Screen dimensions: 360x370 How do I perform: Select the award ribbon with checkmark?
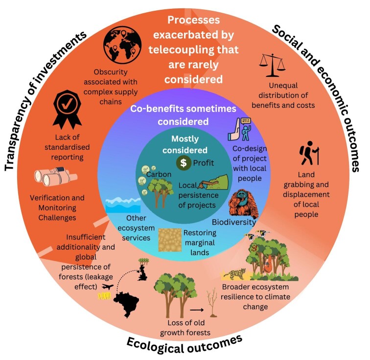click(67, 107)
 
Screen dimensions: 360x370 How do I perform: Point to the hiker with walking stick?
click(308, 152)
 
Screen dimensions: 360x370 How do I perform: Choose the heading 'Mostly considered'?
click(189, 144)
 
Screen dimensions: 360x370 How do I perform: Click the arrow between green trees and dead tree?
click(196, 309)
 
